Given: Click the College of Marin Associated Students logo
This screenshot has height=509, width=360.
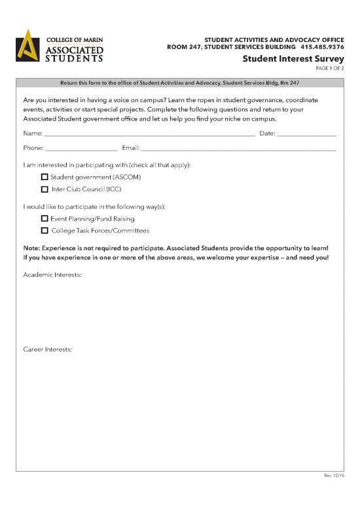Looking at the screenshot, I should tap(60, 47).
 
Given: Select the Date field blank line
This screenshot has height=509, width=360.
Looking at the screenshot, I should tap(307, 134).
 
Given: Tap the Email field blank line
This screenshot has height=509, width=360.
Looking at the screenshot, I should tap(238, 149).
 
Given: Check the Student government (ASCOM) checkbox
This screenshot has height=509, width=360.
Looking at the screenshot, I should tap(45, 178).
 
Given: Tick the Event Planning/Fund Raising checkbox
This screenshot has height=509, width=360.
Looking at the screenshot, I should tap(45, 219).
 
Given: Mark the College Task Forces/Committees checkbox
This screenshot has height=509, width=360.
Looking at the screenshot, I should tap(45, 231).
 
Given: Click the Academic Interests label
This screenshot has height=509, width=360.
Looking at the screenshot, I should tap(52, 276).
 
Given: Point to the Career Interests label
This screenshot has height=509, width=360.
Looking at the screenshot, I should tap(48, 349).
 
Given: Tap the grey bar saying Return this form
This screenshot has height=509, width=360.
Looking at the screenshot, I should tap(179, 83).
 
